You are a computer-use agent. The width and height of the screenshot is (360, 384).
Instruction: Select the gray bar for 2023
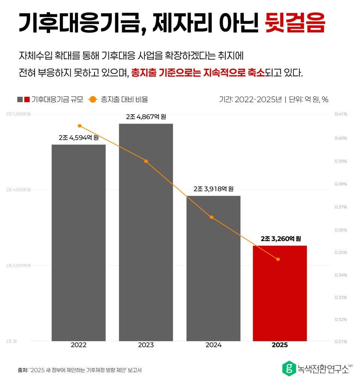[x=146, y=232]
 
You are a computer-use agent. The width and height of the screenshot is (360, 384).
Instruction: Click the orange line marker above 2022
[x=79, y=126]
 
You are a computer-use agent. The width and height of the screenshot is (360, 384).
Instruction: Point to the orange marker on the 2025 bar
[x=278, y=259]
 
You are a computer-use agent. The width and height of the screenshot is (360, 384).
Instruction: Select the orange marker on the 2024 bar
[x=211, y=217]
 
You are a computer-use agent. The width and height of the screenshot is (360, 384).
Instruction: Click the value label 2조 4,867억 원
[x=146, y=117]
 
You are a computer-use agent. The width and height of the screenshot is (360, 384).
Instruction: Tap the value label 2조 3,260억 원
[x=281, y=239]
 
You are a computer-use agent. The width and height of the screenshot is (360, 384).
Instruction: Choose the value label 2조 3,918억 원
[x=213, y=189]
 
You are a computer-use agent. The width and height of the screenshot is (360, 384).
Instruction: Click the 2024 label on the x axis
[x=213, y=345]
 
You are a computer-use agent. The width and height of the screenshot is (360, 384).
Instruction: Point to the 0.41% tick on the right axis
[x=341, y=114]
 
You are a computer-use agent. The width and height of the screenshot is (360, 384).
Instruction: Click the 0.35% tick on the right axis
[x=341, y=253]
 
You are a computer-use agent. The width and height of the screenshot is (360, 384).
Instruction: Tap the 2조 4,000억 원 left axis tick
[x=18, y=190]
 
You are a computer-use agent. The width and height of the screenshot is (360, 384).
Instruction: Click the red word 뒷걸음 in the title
[x=294, y=23]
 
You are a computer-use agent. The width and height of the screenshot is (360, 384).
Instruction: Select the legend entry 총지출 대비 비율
[x=124, y=99]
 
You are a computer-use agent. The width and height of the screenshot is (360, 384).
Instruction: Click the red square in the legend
[x=27, y=99]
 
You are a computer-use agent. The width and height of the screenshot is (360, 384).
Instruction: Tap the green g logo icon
[x=288, y=368]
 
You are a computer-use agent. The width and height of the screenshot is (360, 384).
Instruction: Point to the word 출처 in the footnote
[x=22, y=370]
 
